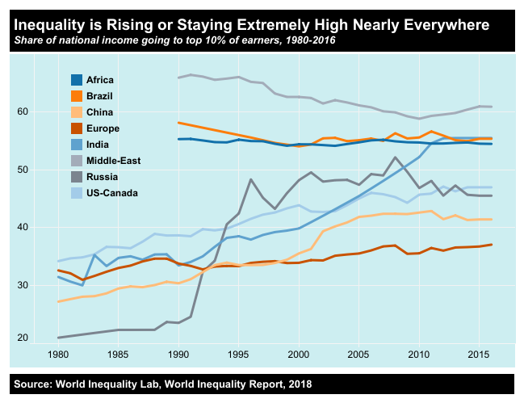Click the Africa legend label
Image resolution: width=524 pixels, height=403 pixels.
102,80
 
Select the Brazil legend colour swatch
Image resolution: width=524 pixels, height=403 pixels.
78,96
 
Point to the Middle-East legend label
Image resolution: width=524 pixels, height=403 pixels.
114,161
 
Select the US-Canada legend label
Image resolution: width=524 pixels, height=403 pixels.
113,193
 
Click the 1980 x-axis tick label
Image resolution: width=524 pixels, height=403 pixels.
58,355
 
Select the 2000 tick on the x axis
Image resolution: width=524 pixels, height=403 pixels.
299,355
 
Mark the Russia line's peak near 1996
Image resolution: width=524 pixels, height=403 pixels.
251,179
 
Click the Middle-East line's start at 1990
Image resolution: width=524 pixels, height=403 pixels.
178,78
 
